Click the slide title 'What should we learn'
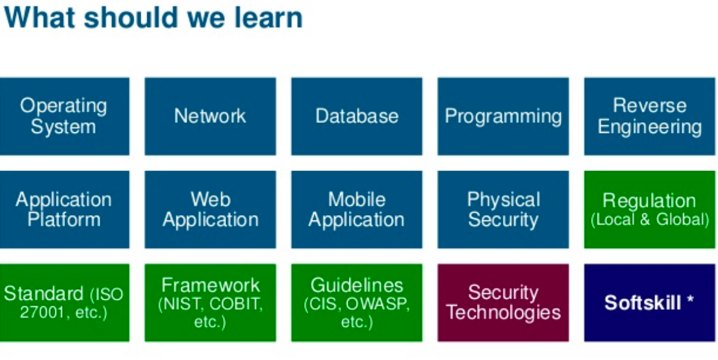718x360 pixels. (153, 18)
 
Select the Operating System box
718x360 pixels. (64, 116)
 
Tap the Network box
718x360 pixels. (210, 116)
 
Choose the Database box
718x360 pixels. (357, 116)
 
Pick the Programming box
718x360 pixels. (503, 116)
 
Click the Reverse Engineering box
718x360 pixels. (649, 116)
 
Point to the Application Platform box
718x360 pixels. (64, 209)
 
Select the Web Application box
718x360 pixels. (210, 209)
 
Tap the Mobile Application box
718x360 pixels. (357, 209)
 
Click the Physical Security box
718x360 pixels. (503, 209)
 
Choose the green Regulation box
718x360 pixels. (649, 209)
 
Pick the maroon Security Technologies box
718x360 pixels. (503, 302)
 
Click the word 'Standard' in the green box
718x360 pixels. (44, 294)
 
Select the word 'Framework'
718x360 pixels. (211, 285)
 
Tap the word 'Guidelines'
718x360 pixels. (357, 285)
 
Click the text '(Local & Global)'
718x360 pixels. (649, 220)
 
